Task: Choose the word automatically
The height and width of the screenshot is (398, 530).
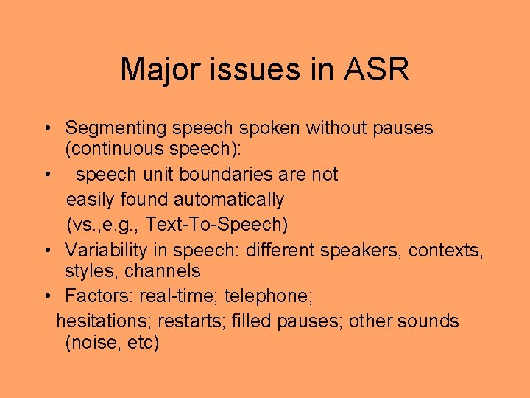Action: pyautogui.click(x=229, y=200)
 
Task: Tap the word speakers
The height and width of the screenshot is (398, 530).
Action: pyautogui.click(x=361, y=250)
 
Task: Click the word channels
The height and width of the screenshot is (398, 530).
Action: pyautogui.click(x=162, y=271)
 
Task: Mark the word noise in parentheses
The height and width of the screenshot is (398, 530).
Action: pyautogui.click(x=90, y=343)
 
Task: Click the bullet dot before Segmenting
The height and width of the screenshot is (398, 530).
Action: pyautogui.click(x=46, y=128)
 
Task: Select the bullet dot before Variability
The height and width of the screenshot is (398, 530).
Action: pyautogui.click(x=46, y=250)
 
